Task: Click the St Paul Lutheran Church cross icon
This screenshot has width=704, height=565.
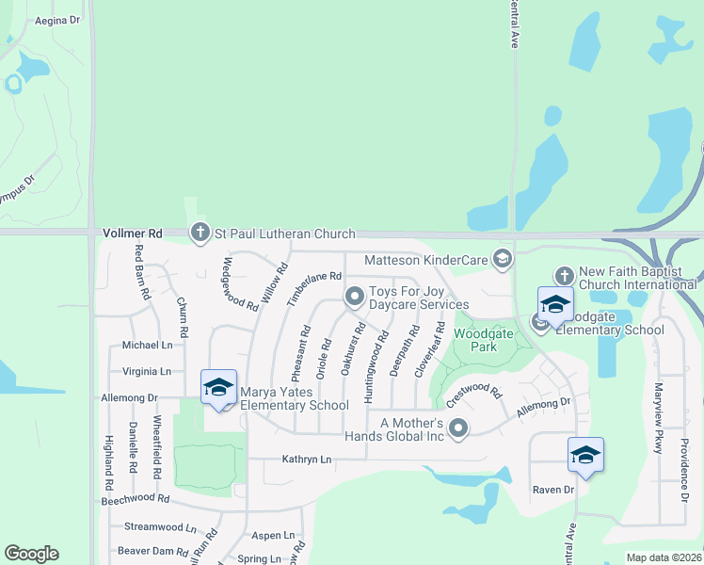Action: pyautogui.click(x=200, y=233)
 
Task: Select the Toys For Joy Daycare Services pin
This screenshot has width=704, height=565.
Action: pyautogui.click(x=355, y=297)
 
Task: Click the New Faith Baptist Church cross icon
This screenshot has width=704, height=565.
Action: pyautogui.click(x=564, y=276)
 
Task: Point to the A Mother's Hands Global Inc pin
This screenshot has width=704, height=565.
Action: pyautogui.click(x=458, y=429)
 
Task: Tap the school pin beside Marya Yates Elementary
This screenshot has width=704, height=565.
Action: pyautogui.click(x=218, y=388)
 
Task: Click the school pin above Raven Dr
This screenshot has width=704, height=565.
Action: pyautogui.click(x=585, y=456)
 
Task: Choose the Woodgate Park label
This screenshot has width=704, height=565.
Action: pyautogui.click(x=475, y=340)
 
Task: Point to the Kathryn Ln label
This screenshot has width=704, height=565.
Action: pyautogui.click(x=308, y=460)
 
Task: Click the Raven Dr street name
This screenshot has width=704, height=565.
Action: pyautogui.click(x=552, y=490)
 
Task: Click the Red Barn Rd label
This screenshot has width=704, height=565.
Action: pyautogui.click(x=142, y=272)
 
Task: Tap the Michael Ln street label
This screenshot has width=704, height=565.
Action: pyautogui.click(x=147, y=346)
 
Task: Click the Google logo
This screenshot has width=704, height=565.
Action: pyautogui.click(x=31, y=554)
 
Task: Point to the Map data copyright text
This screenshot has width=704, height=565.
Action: pyautogui.click(x=664, y=557)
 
